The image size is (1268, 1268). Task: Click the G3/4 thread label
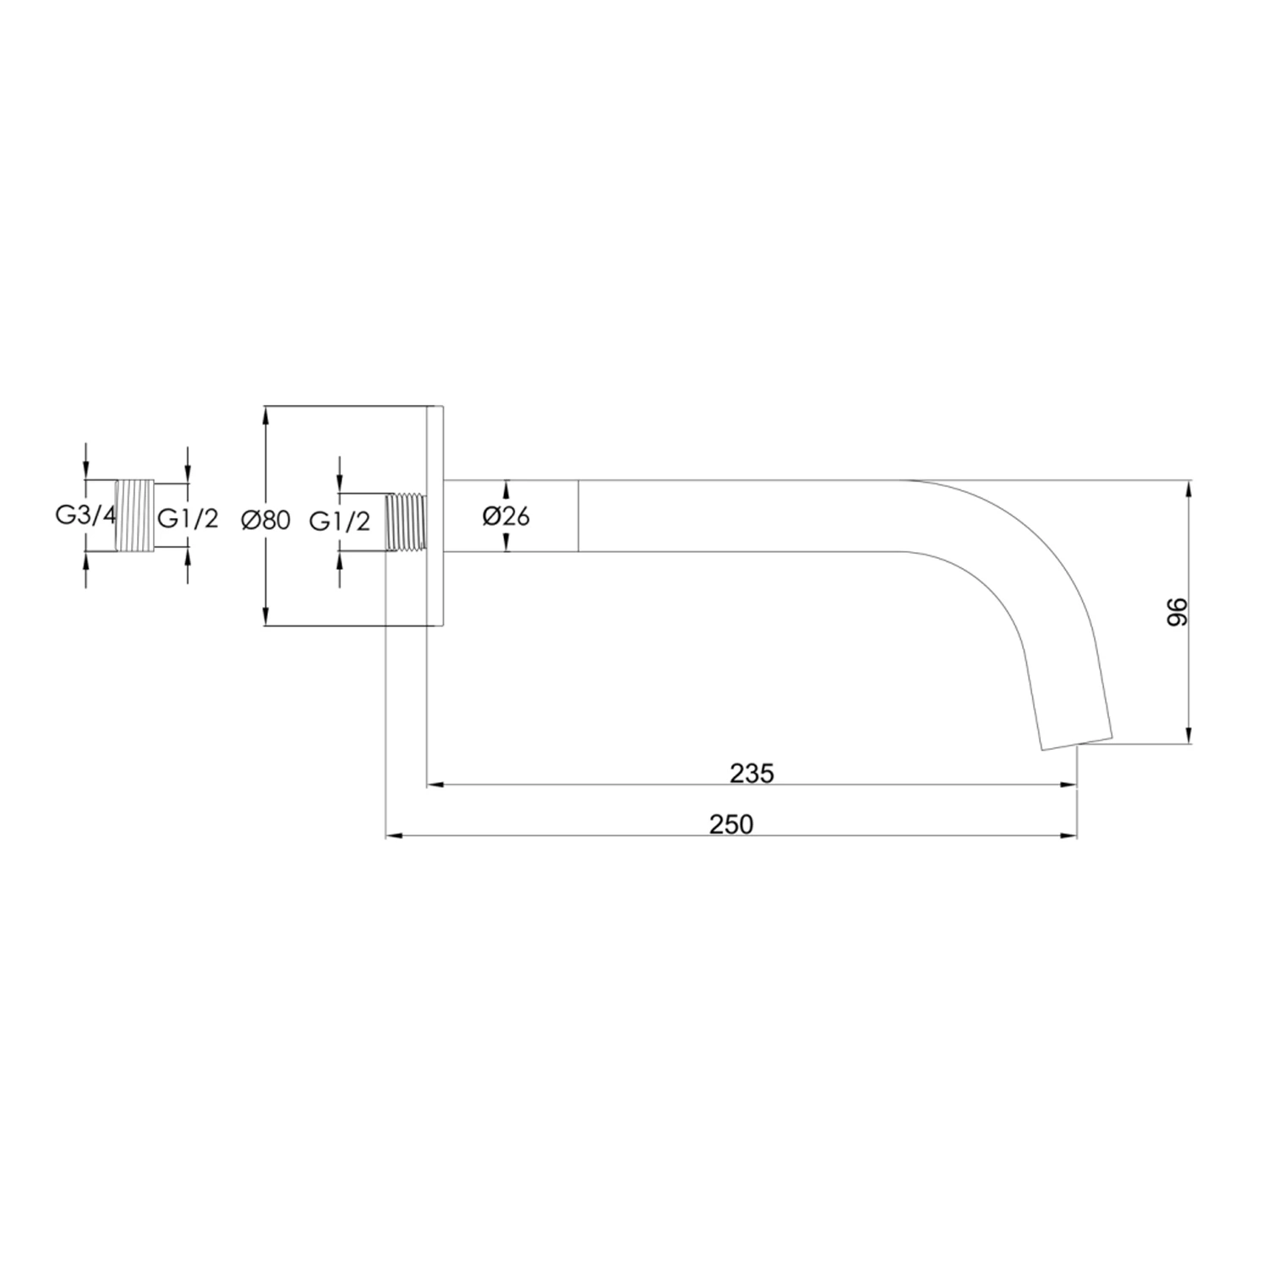[85, 516]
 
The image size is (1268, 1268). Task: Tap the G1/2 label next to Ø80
[339, 521]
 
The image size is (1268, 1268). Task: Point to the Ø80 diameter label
[265, 520]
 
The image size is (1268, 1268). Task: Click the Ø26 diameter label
[506, 516]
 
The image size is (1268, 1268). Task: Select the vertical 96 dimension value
[1178, 612]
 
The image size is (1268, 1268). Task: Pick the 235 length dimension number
[752, 773]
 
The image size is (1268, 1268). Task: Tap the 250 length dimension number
[731, 824]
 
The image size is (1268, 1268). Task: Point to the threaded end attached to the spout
[406, 522]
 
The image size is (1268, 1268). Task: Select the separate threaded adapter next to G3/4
[135, 516]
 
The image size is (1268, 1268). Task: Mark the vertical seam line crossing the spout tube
[579, 516]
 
